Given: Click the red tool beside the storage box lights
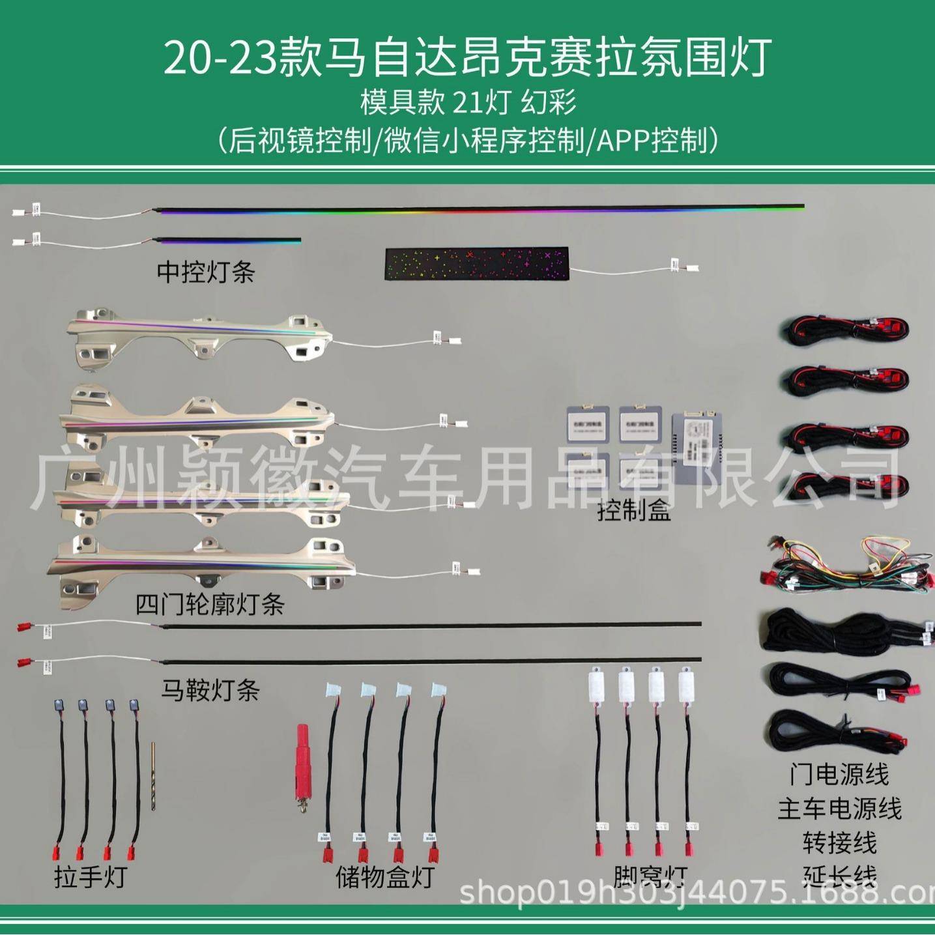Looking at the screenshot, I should point(304,762).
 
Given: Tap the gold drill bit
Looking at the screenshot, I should point(153,775).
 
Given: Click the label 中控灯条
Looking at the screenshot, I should point(205,272).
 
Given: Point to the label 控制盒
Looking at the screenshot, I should point(633,511).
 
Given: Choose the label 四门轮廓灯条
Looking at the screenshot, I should point(210,605).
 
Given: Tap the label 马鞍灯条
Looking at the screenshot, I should point(210,689).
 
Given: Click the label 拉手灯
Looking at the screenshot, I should point(90,876).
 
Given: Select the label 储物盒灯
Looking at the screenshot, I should point(384,877).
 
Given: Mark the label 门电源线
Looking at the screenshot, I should point(839,775).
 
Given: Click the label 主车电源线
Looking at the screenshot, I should point(839,809).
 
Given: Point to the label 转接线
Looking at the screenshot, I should point(839,842).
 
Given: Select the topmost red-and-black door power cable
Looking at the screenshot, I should point(846,330).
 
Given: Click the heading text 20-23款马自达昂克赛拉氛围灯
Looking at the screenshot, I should point(467,57).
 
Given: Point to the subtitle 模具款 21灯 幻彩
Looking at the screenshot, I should point(468,102).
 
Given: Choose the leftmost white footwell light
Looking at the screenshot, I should point(596,687).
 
